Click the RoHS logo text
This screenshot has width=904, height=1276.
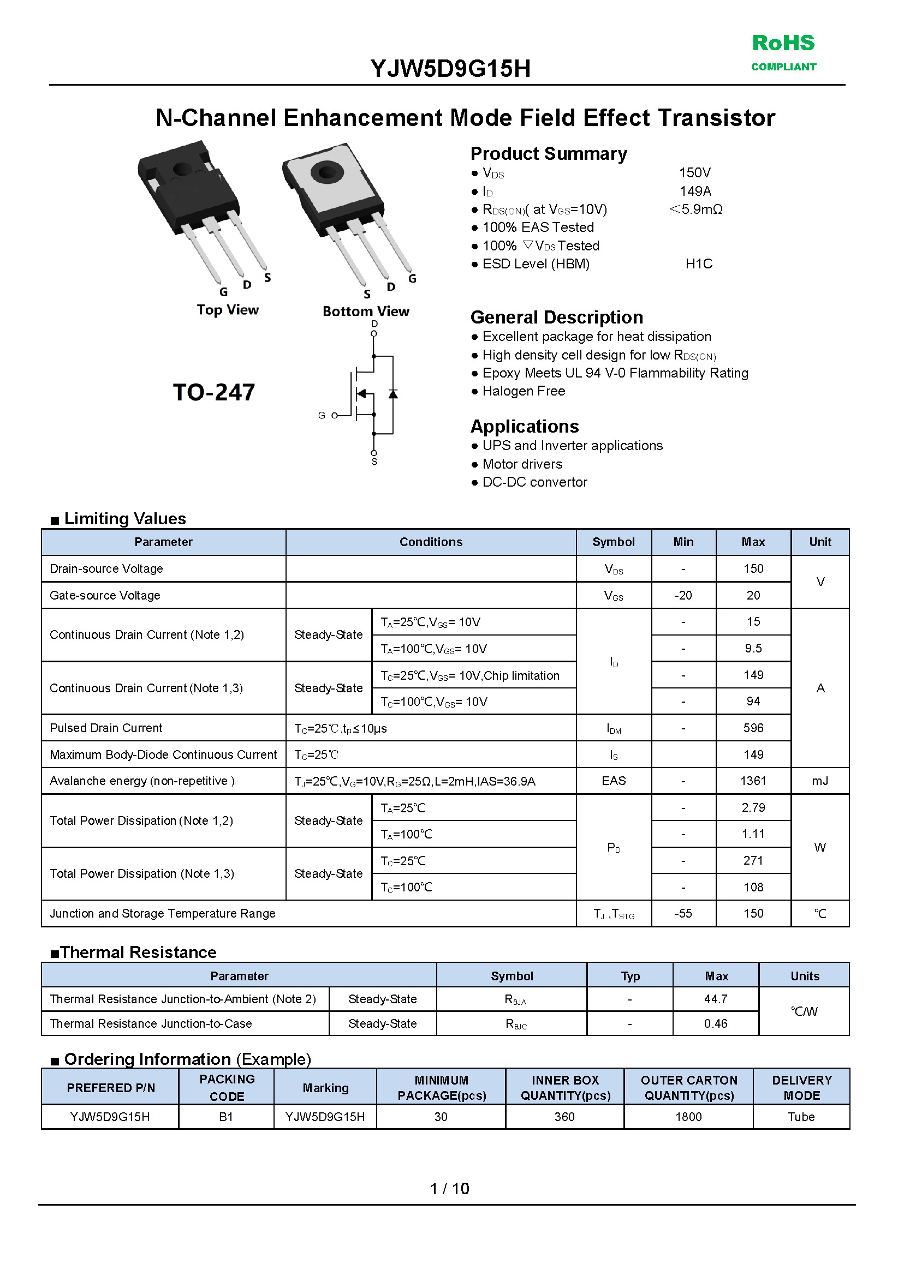(x=783, y=44)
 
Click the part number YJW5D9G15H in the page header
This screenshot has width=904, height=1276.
(x=450, y=69)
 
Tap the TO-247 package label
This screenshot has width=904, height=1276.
(x=214, y=392)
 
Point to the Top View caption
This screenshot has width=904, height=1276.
(x=228, y=310)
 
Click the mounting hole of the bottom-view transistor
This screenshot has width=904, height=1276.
(x=327, y=171)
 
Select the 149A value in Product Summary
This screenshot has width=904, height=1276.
(x=695, y=191)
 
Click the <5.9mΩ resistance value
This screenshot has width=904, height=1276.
(x=696, y=209)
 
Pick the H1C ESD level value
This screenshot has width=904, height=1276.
(x=699, y=263)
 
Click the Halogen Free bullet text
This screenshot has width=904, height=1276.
(x=524, y=391)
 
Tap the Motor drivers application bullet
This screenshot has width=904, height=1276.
(x=522, y=464)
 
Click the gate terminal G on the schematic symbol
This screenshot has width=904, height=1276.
(x=335, y=416)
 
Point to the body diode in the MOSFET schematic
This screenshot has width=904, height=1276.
(x=393, y=394)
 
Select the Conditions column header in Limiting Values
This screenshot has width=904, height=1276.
(x=431, y=542)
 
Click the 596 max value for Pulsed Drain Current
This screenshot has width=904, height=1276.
(x=753, y=728)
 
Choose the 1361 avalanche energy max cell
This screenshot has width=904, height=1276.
(x=753, y=781)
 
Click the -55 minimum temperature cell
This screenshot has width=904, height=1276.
(x=683, y=913)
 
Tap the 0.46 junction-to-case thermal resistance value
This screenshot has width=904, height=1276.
(x=715, y=1023)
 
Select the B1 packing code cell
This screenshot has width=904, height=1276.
(x=226, y=1117)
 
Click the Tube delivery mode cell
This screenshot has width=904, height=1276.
(x=801, y=1117)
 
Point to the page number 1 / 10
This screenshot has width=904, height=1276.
(x=450, y=1189)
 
